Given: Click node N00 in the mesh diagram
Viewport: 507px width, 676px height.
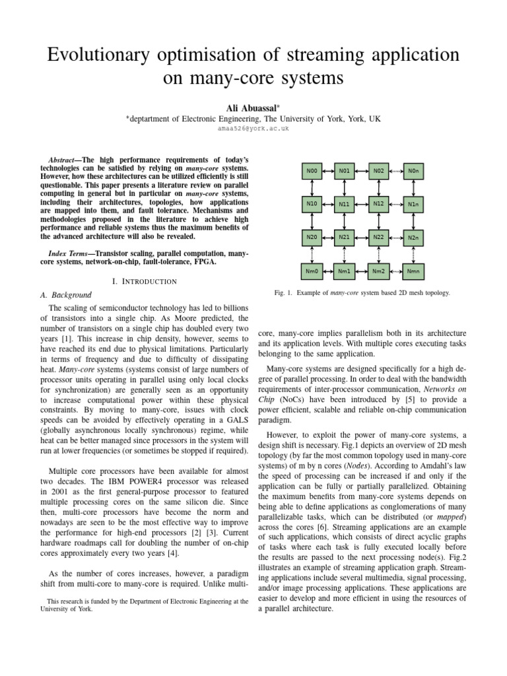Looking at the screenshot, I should pos(312,172).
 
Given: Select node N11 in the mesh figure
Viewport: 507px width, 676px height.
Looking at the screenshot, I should pos(344,204).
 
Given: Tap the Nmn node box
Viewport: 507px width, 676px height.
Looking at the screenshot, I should pos(413,270).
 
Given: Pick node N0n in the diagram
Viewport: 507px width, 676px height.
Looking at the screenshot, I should pos(413,172).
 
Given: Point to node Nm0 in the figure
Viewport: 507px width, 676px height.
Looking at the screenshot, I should pos(312,270).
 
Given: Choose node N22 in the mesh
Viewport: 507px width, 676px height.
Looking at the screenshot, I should pos(379,236).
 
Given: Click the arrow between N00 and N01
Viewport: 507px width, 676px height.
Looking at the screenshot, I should pos(328,172).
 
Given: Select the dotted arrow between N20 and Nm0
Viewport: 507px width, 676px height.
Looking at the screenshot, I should pos(312,253).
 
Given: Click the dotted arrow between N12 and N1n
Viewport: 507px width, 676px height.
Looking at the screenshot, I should pos(396,204).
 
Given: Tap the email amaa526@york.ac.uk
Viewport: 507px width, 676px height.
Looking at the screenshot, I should pos(253,129).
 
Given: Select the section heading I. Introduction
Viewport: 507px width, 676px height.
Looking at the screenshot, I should pos(145,281).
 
